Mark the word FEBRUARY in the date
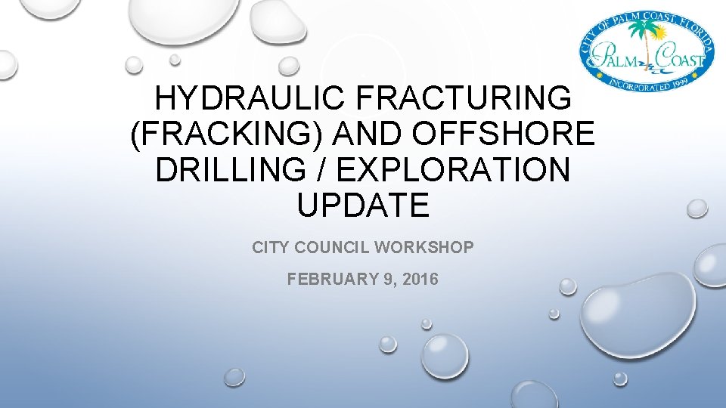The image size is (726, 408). [x=328, y=280]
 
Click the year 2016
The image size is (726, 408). [x=420, y=280]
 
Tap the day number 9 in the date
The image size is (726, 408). [x=389, y=280]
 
